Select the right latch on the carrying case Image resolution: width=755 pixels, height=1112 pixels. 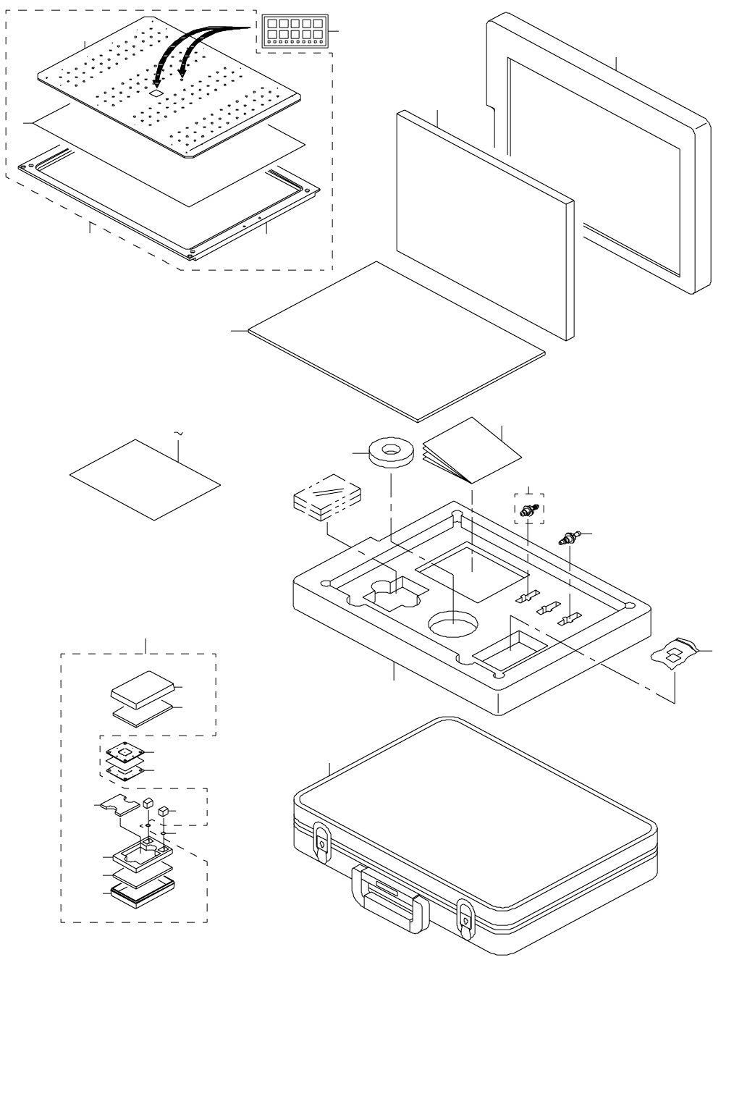(465, 918)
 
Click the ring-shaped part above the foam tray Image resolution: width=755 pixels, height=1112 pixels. (391, 452)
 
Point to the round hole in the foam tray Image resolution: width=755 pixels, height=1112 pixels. (453, 624)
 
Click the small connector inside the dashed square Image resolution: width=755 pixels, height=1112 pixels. (528, 510)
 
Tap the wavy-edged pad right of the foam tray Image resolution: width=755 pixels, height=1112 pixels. (676, 653)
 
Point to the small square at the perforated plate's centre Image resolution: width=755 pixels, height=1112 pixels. (156, 93)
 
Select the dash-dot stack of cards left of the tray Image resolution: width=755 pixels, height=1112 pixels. (326, 498)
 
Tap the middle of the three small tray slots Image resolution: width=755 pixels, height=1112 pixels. (548, 609)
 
